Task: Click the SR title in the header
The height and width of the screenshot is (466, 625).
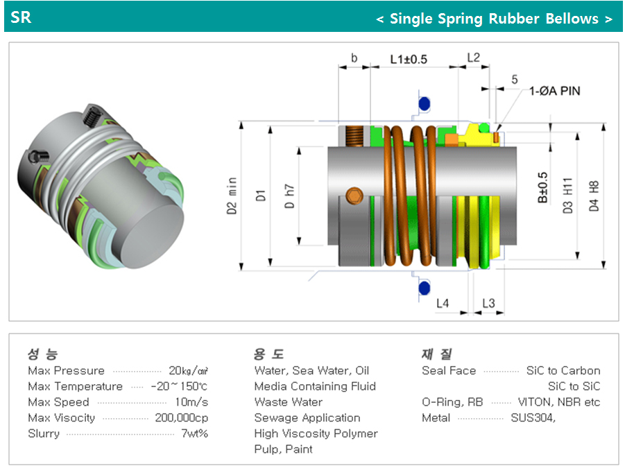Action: pos(21,17)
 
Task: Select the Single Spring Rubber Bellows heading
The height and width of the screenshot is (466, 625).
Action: pos(494,19)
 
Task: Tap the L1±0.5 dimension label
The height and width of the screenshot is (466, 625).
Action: pos(409,59)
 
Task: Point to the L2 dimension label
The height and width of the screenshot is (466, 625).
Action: pos(473,58)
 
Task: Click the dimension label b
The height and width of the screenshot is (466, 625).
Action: pos(354,59)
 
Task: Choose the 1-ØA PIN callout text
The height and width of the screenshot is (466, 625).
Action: pos(555,91)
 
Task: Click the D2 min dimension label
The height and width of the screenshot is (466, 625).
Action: pos(232,196)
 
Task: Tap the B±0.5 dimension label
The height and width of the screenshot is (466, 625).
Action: pos(542,187)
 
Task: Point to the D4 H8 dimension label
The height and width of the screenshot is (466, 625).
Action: pos(594,196)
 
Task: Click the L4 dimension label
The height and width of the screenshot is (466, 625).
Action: pos(443,303)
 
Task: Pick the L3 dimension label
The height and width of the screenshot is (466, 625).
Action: pos(488,303)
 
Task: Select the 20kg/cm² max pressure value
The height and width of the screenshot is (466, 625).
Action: pos(188,371)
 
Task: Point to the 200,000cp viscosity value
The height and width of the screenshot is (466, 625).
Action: pos(182,418)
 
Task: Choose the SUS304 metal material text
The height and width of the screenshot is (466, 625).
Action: pos(533,418)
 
